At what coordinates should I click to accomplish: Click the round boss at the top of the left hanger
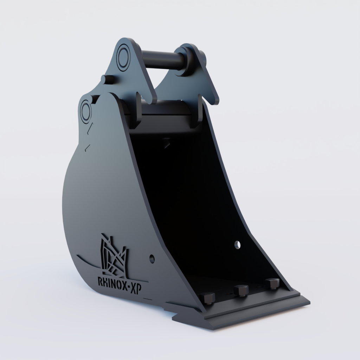124,56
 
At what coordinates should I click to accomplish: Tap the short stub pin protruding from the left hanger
108,79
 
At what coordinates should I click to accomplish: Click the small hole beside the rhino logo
152,259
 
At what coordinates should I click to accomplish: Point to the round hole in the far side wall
238,244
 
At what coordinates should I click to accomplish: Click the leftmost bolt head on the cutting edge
207,298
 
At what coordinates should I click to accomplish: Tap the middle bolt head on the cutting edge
242,290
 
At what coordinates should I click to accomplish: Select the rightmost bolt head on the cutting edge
272,283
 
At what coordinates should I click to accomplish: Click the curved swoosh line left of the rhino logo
86,260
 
